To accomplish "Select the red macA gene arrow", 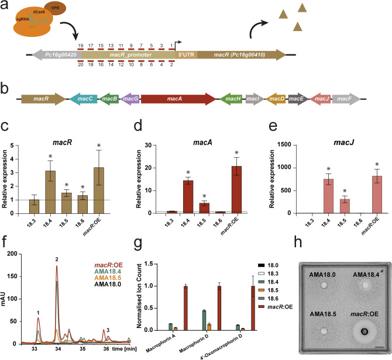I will click(x=181, y=99).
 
